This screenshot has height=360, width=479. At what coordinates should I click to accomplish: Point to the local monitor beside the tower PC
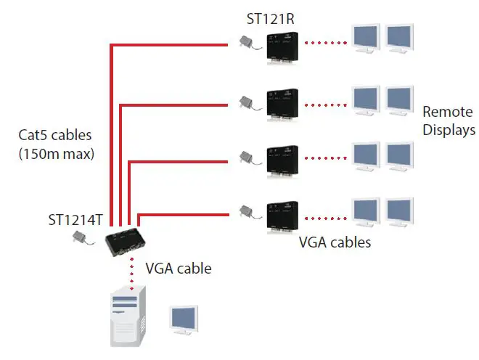click(183, 320)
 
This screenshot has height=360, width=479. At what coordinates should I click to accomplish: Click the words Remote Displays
click(448, 121)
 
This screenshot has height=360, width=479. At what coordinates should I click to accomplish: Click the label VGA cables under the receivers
click(335, 242)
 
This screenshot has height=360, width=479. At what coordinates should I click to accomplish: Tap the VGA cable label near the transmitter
click(179, 269)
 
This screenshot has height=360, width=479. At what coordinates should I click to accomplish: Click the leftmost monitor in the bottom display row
click(365, 210)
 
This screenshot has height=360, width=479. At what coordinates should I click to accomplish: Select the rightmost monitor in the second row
click(399, 100)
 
